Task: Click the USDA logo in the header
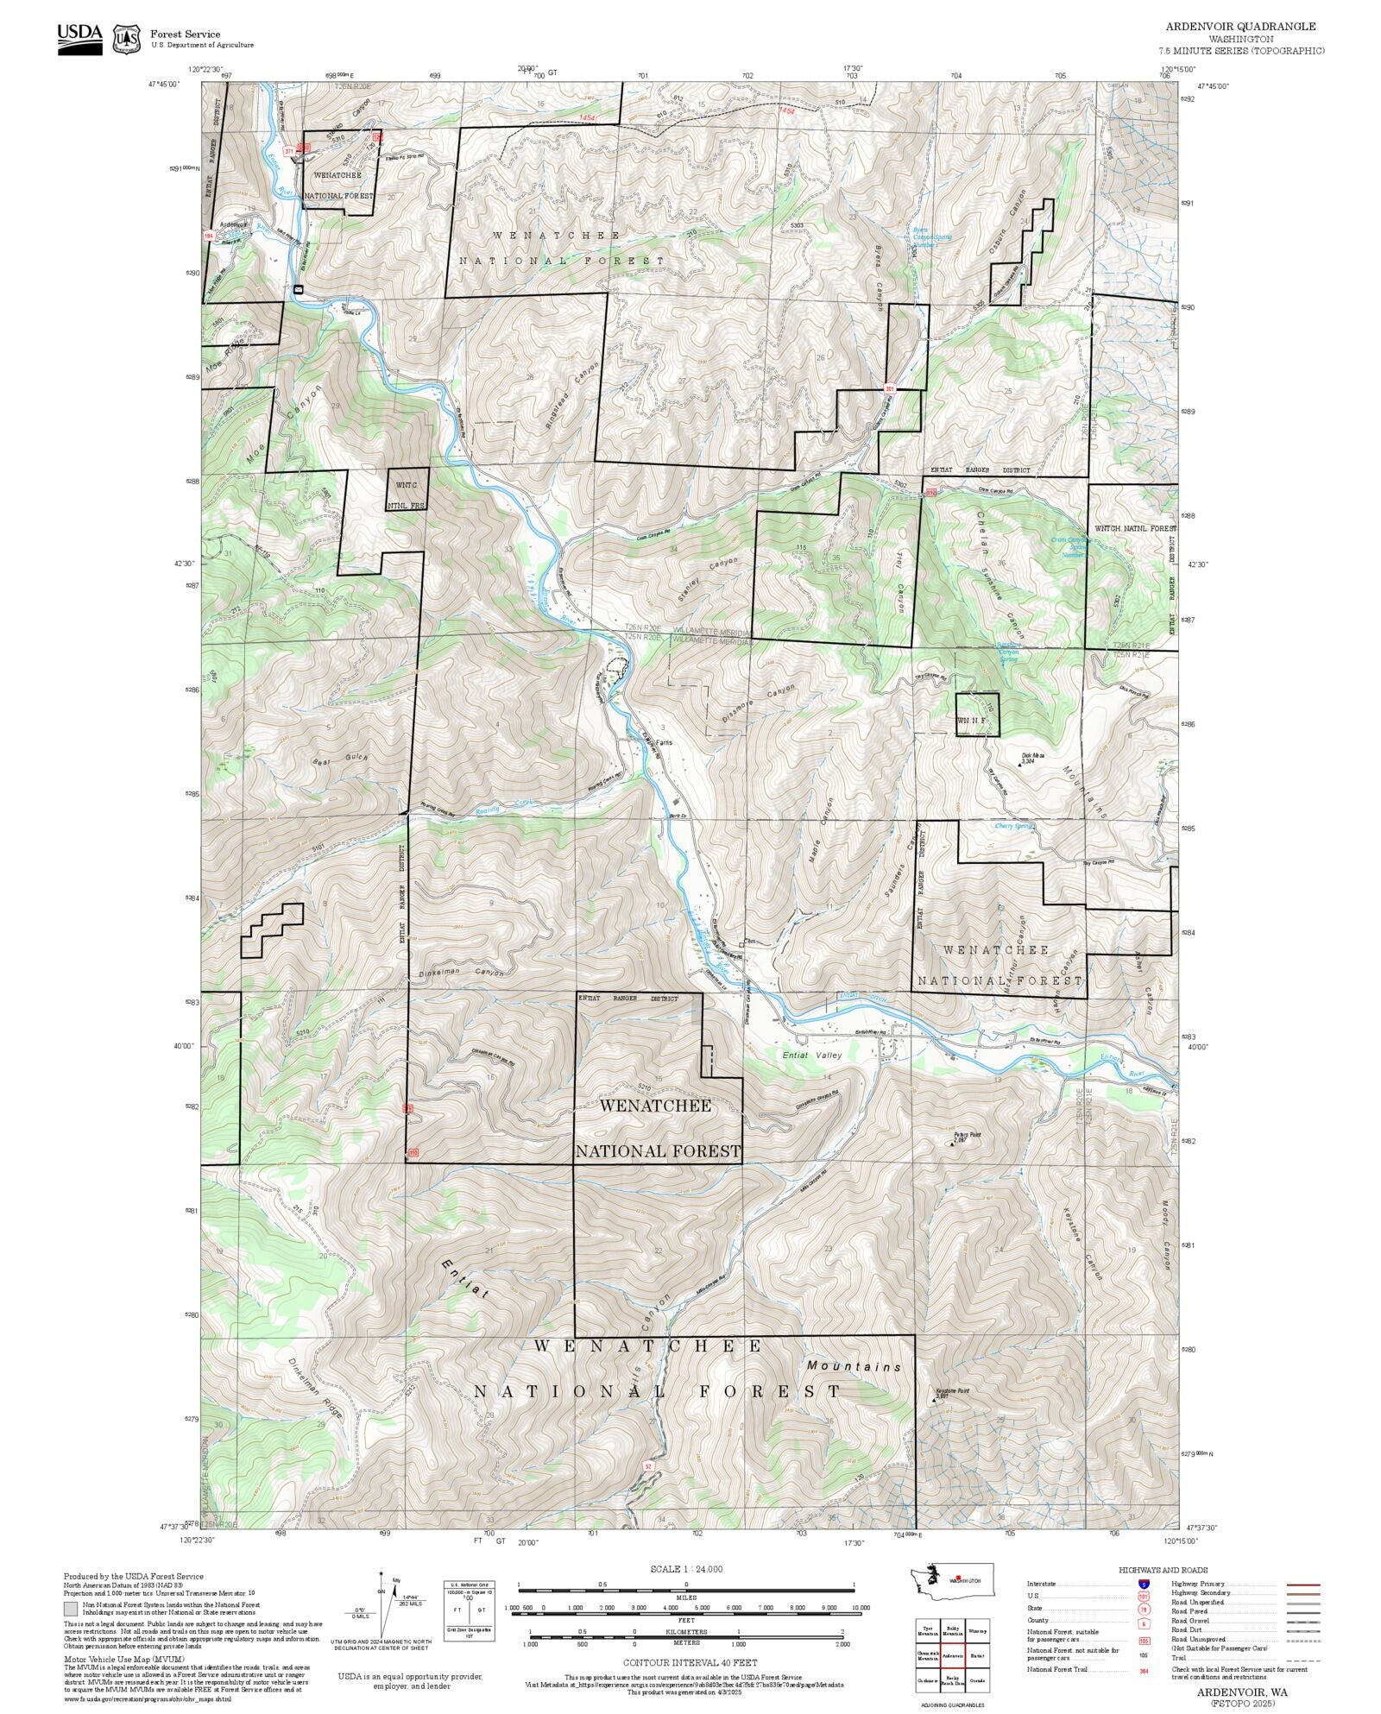pyautogui.click(x=79, y=38)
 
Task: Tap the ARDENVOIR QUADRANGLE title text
pyautogui.click(x=1240, y=27)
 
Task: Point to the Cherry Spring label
pyautogui.click(x=1014, y=826)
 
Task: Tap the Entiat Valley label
pyautogui.click(x=791, y=1055)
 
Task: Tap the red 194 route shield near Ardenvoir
pyautogui.click(x=208, y=235)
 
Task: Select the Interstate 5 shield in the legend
pyautogui.click(x=1144, y=1584)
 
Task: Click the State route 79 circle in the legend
pyautogui.click(x=1144, y=1609)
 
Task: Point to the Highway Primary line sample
pyautogui.click(x=1302, y=1585)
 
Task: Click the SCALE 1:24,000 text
pyautogui.click(x=686, y=1569)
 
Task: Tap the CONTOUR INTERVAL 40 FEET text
pyautogui.click(x=690, y=1662)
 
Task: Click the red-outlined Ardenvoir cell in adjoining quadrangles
pyautogui.click(x=953, y=1656)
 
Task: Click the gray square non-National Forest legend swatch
pyautogui.click(x=71, y=1609)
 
